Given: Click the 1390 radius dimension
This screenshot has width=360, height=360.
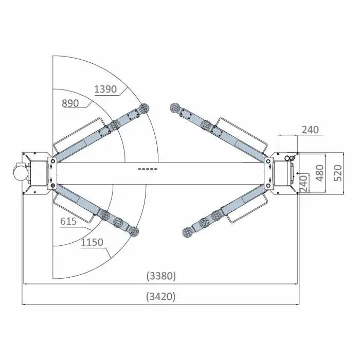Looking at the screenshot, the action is click(x=105, y=89).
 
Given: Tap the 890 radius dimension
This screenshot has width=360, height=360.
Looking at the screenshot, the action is click(x=70, y=103).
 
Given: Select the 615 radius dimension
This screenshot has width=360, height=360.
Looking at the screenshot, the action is click(x=68, y=221).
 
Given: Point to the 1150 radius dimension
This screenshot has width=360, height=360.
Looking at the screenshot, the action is click(x=92, y=242).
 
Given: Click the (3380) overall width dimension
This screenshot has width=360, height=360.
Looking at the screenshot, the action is click(x=161, y=276).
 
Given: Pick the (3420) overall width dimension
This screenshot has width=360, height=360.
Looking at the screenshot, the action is click(x=161, y=296).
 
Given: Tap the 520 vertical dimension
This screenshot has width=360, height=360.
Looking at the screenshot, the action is click(x=338, y=173).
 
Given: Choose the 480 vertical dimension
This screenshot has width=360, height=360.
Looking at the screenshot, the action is click(x=320, y=173).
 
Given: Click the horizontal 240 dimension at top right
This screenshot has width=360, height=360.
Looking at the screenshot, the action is click(x=310, y=130).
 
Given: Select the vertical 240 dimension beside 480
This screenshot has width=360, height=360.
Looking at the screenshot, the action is click(x=303, y=184).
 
